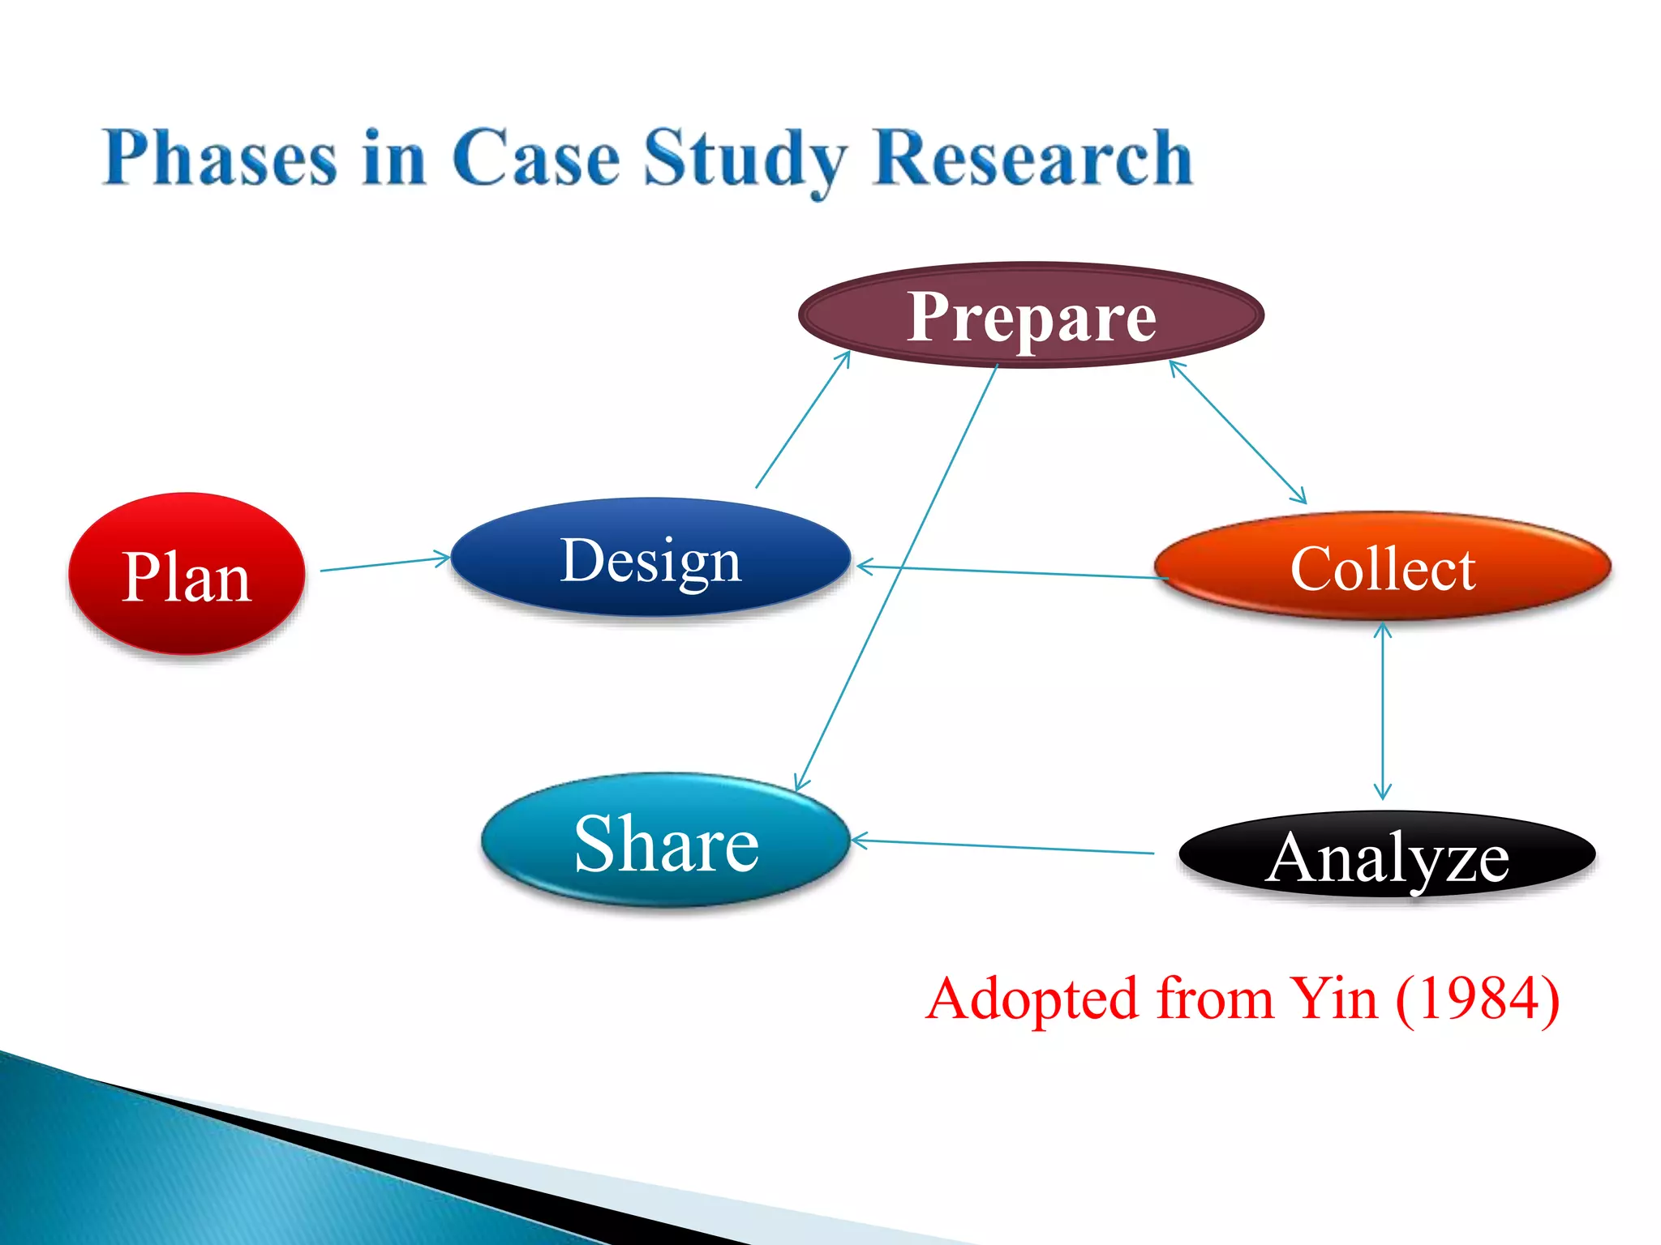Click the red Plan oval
[x=187, y=574]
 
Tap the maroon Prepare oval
[x=1031, y=314]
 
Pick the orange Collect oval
[x=1382, y=567]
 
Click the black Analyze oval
[x=1387, y=856]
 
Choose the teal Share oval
[x=665, y=841]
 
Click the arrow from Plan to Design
[x=385, y=563]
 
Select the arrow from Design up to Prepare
[x=803, y=419]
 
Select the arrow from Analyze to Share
[x=1002, y=847]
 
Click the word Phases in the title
[x=219, y=158]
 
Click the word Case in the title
[x=535, y=158]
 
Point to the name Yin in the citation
[x=1333, y=999]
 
